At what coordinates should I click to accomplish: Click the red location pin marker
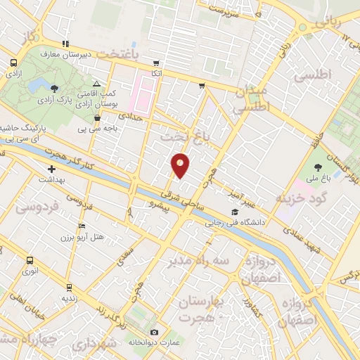click(x=181, y=165)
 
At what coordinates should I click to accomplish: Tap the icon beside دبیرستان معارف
click(x=65, y=44)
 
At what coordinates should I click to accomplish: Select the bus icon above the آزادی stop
click(x=13, y=63)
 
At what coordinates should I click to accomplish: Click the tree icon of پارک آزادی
click(x=54, y=88)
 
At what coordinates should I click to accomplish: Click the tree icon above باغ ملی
click(x=319, y=167)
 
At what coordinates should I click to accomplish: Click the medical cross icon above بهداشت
click(x=51, y=169)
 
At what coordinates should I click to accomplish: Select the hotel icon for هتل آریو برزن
click(x=82, y=226)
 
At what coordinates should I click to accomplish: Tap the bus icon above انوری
click(x=30, y=258)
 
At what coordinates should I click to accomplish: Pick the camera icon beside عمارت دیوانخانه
click(x=154, y=331)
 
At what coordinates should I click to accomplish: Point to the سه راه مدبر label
click(x=198, y=261)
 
